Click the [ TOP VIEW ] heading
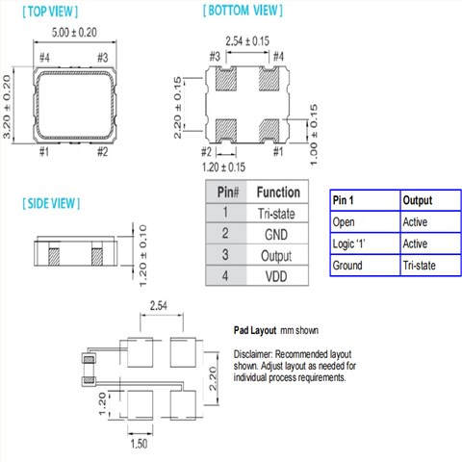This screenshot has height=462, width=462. click(50, 12)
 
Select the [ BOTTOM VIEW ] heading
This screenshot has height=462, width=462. click(243, 11)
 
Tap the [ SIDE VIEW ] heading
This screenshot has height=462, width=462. click(52, 204)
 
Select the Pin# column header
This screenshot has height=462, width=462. click(224, 192)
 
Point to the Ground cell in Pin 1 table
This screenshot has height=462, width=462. click(348, 265)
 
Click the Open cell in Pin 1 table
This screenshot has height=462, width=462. click(344, 221)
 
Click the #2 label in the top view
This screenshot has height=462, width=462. click(103, 151)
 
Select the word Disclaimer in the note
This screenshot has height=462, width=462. click(255, 353)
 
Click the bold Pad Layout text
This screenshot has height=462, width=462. click(256, 329)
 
